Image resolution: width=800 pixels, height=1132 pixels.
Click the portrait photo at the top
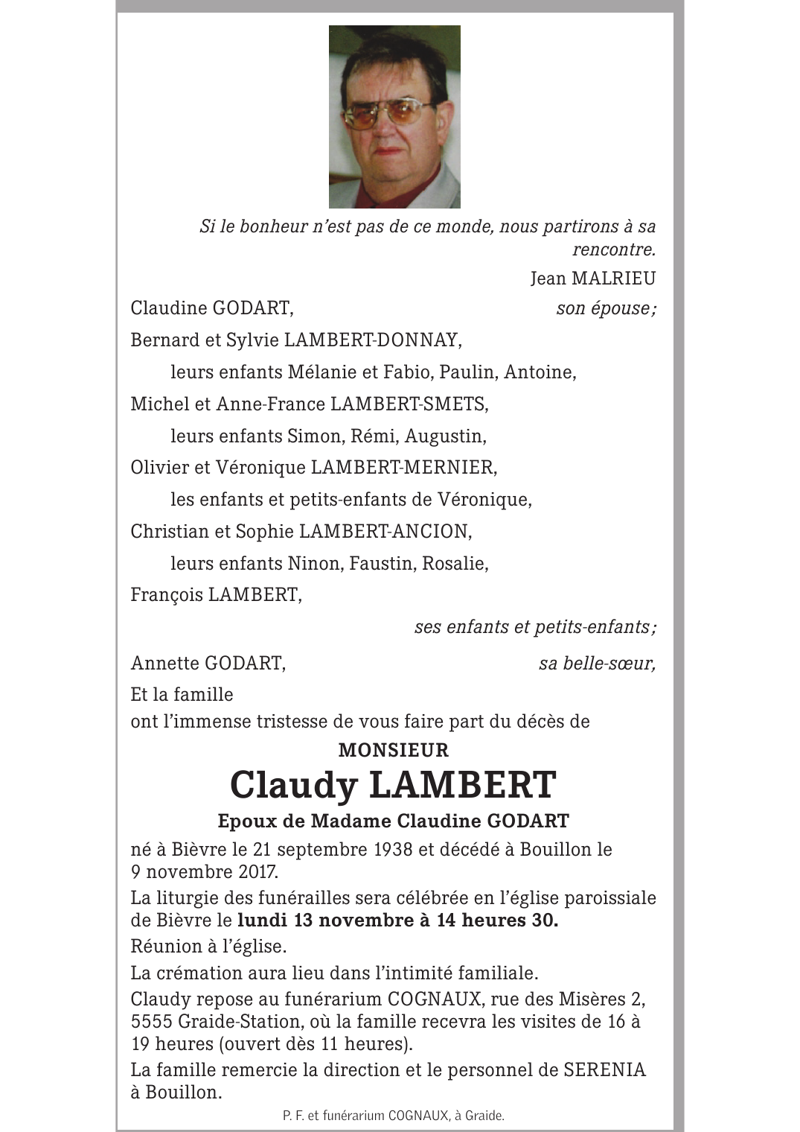click(x=394, y=117)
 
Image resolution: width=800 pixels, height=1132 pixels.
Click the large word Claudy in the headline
click(x=294, y=785)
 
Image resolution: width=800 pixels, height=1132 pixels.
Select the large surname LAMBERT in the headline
click(x=462, y=785)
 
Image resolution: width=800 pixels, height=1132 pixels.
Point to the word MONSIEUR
click(x=394, y=750)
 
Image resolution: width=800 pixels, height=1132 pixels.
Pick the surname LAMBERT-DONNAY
click(x=372, y=340)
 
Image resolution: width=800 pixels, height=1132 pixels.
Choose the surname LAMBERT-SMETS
click(x=409, y=404)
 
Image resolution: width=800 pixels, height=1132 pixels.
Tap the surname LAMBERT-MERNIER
click(x=403, y=468)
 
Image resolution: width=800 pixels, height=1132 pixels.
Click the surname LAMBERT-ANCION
click(x=384, y=532)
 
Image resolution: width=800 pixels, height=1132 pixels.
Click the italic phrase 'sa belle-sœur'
click(x=597, y=664)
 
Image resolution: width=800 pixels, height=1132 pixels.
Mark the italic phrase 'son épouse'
click(x=605, y=308)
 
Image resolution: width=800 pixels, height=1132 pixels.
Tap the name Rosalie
click(x=454, y=564)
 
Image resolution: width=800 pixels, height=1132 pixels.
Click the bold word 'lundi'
click(x=263, y=920)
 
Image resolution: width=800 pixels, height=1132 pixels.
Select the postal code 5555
click(x=151, y=1022)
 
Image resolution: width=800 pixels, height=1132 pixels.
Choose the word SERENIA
click(x=604, y=1070)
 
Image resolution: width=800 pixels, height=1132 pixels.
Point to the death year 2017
click(x=254, y=871)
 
